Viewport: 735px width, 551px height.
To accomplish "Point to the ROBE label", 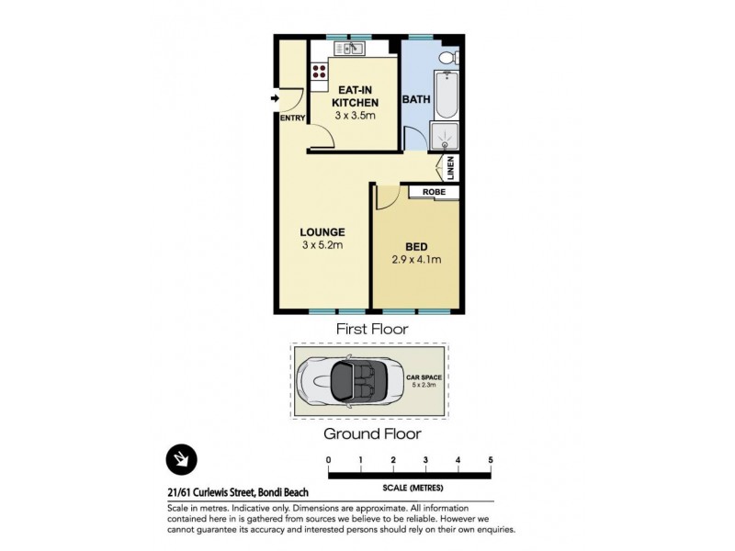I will [435, 191].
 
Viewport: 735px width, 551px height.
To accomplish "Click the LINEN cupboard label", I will [451, 168].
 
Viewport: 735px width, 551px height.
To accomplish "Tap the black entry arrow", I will [275, 98].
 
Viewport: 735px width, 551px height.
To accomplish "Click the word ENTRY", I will [291, 118].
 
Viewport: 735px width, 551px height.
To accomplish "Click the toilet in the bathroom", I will [446, 60].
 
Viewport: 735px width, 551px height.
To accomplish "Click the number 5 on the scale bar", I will [492, 459].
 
